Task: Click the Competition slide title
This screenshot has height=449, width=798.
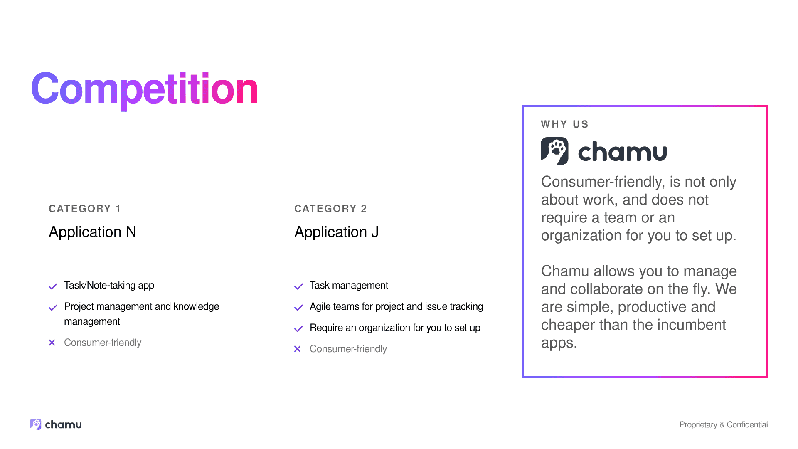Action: pos(145,89)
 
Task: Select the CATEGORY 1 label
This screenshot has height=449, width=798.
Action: pos(85,209)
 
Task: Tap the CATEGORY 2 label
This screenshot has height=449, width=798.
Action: pos(331,209)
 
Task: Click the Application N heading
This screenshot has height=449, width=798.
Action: pos(93,232)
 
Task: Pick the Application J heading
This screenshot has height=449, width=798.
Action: pos(337,232)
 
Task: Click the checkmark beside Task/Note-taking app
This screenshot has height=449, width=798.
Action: pos(53,286)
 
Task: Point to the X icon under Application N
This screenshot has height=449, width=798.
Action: pos(52,343)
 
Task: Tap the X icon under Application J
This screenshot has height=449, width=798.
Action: pos(298,349)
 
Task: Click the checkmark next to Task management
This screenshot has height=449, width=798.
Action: pos(298,286)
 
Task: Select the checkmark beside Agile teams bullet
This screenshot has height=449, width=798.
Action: pos(298,307)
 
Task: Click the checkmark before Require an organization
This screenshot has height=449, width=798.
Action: pos(298,328)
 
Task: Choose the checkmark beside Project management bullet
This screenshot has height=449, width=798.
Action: pos(53,307)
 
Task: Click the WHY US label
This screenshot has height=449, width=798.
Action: pos(565,124)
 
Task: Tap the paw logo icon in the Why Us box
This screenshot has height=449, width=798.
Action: pos(554,151)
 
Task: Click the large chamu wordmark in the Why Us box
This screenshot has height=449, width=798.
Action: pos(623,152)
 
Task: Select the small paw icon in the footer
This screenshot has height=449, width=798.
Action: pos(36,424)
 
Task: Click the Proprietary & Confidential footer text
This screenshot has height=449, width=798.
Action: pos(724,424)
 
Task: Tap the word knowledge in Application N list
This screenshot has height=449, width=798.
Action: pos(196,307)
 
